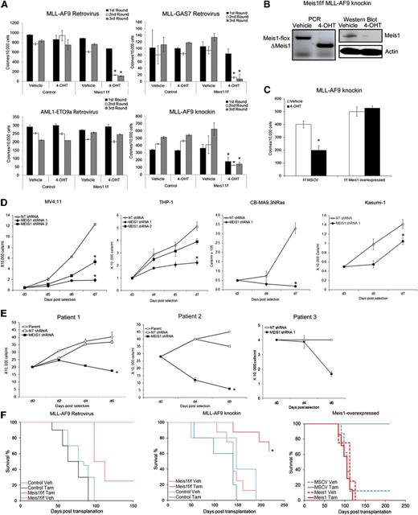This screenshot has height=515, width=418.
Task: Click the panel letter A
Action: [x=7, y=6]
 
